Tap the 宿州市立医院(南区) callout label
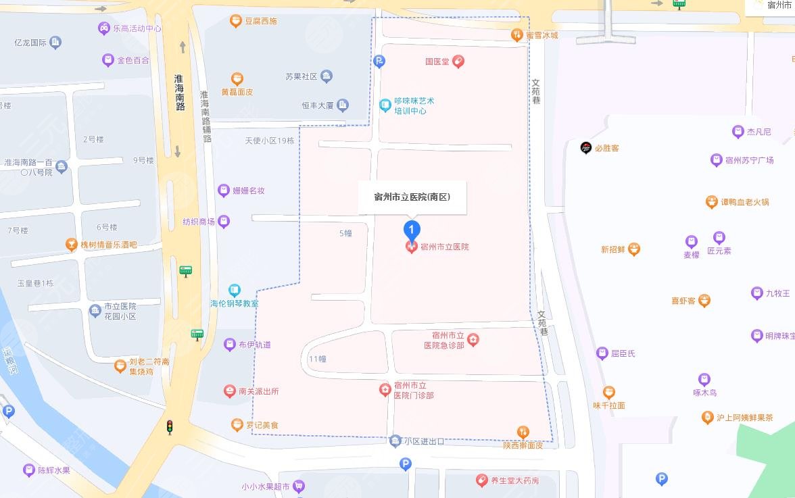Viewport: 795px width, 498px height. [x=412, y=197]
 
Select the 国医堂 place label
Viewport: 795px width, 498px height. [x=437, y=61]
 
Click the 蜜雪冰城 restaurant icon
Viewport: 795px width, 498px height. [x=517, y=35]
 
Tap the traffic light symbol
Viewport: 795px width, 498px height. [x=170, y=426]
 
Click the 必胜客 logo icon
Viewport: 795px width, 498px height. [x=586, y=148]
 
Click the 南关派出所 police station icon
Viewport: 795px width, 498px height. [x=230, y=391]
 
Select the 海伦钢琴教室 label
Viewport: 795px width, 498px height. [x=234, y=303]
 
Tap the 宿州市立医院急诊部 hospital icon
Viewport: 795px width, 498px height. [x=473, y=340]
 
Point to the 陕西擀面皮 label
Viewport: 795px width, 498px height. [x=523, y=445]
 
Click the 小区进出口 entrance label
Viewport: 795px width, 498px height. [x=423, y=441]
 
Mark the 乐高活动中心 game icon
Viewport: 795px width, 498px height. [x=104, y=28]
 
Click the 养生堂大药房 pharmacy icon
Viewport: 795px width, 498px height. [x=481, y=480]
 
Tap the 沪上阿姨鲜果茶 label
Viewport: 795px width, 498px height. [x=745, y=418]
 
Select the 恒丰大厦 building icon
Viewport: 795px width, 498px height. [x=343, y=105]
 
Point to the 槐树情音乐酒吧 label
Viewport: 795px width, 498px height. [x=108, y=245]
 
